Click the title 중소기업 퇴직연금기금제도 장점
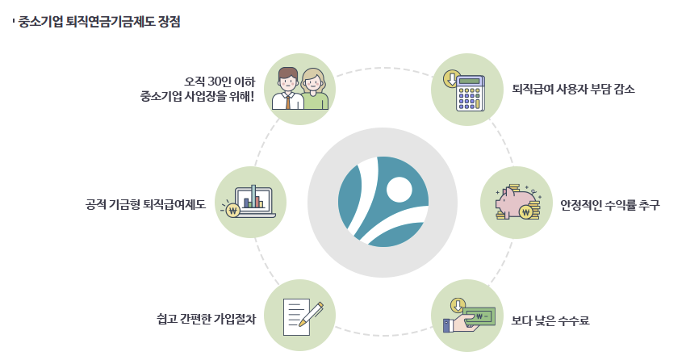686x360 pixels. pos(98,22)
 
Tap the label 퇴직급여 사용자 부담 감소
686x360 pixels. pos(574,89)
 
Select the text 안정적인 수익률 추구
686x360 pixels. pos(610,205)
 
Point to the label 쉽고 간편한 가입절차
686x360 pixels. pos(206,319)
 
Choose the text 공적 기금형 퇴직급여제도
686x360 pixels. pos(145,204)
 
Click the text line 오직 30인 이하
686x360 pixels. pos(220,81)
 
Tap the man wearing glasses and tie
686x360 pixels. pos(288,89)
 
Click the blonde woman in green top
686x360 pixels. pos(314,90)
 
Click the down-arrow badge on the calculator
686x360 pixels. pos(451,79)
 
